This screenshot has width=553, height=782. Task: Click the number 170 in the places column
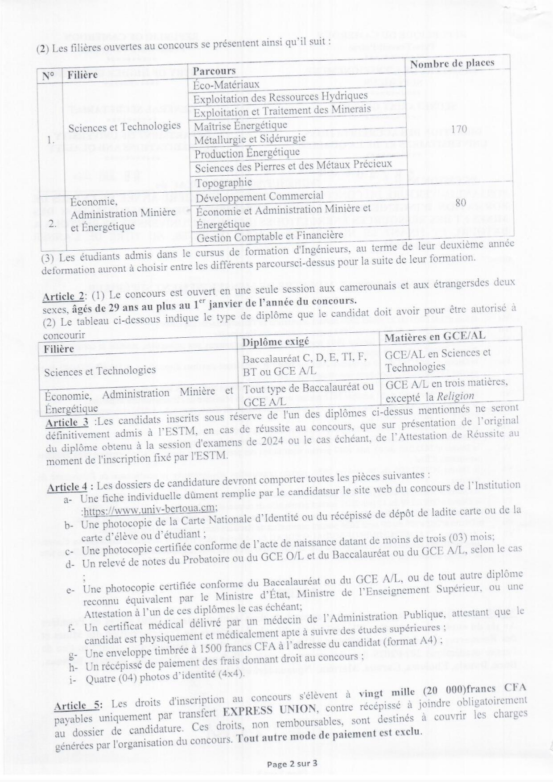pos(459,129)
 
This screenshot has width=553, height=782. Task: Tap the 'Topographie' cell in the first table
pos(223,182)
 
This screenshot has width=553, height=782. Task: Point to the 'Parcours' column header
pos(214,71)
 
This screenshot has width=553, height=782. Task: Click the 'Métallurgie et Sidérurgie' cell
pos(250,139)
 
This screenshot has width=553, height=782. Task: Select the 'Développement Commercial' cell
pos(259,197)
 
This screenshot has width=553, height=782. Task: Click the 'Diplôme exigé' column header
pos(275,342)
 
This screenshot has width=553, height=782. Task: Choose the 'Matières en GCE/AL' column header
pos(435,336)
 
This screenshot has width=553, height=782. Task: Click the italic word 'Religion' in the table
pos(455,396)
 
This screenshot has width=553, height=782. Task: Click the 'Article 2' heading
pos(64,297)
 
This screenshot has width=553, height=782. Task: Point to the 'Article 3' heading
pos(66,422)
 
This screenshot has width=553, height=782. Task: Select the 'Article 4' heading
pos(67,487)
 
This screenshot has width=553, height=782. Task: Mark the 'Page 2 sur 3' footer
pos(292,764)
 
